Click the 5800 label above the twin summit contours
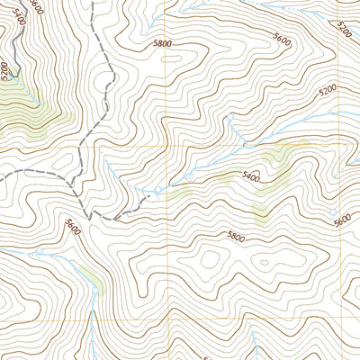pos(236,238)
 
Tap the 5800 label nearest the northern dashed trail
pos(162,42)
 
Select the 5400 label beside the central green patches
pos(251,179)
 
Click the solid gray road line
pos(20,54)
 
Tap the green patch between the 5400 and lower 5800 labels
pos(261,212)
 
